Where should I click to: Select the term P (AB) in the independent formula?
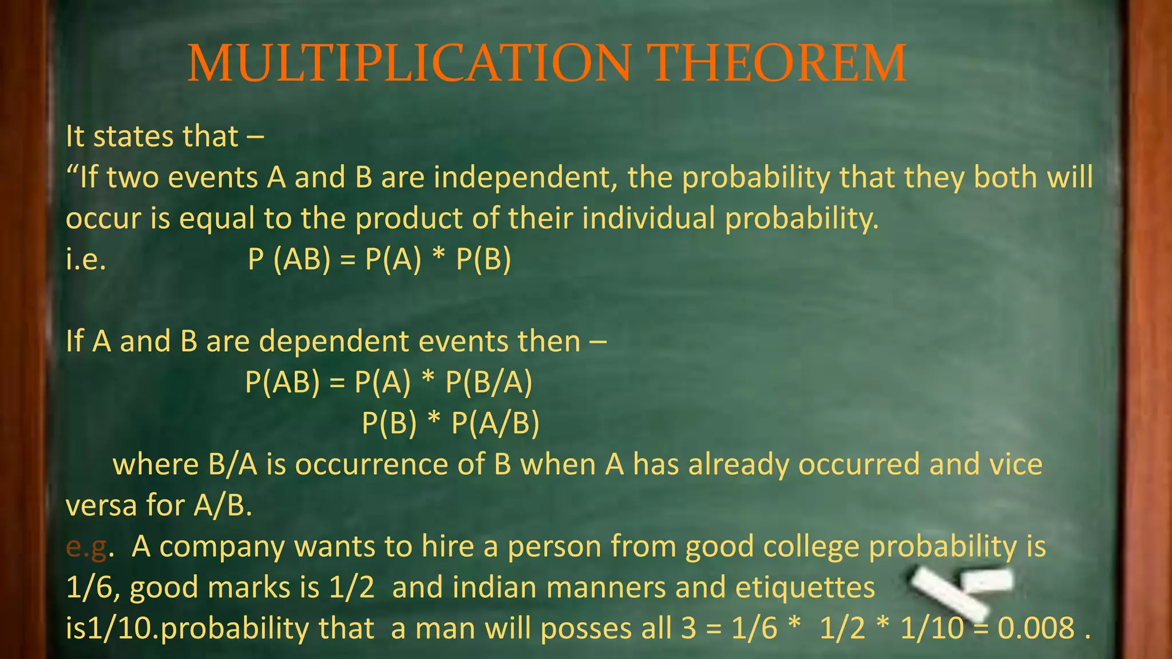pos(289,259)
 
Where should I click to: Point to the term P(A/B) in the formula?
pos(495,423)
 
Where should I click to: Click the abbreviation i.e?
pos(86,260)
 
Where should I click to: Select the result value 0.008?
pos(1036,628)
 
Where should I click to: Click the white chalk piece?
pos(961,589)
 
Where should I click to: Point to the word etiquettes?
pos(805,588)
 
